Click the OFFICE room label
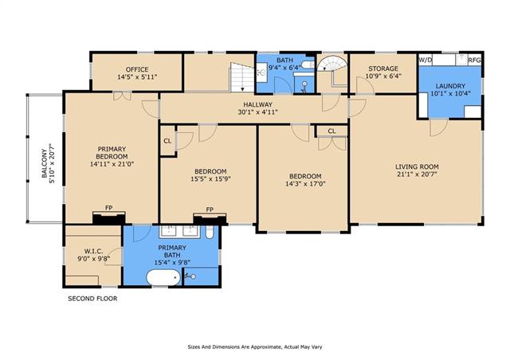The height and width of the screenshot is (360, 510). [x=137, y=69]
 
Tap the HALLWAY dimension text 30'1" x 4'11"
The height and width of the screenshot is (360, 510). [x=257, y=112]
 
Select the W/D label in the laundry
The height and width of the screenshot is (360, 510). [x=425, y=60]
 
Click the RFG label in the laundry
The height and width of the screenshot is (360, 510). [x=474, y=60]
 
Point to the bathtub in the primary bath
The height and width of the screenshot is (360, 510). [x=163, y=277]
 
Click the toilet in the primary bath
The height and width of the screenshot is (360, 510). [x=210, y=233]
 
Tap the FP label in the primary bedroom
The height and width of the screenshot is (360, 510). [x=108, y=208]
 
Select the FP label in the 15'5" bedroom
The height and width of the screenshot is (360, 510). [x=210, y=209]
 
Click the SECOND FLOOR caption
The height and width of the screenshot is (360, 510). [x=92, y=299]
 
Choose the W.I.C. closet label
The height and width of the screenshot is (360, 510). [x=94, y=251]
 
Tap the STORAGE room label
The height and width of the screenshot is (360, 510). [x=383, y=68]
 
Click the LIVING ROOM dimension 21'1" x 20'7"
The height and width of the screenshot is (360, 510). [x=417, y=174]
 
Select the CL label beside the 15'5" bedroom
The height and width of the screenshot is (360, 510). [x=167, y=141]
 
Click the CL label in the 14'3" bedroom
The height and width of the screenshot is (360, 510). [x=331, y=131]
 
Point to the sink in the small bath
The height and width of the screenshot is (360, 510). [x=261, y=72]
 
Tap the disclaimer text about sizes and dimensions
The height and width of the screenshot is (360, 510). [x=255, y=347]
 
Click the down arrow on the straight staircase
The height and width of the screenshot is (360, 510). [x=242, y=88]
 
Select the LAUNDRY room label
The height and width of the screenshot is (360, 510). [x=450, y=86]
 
